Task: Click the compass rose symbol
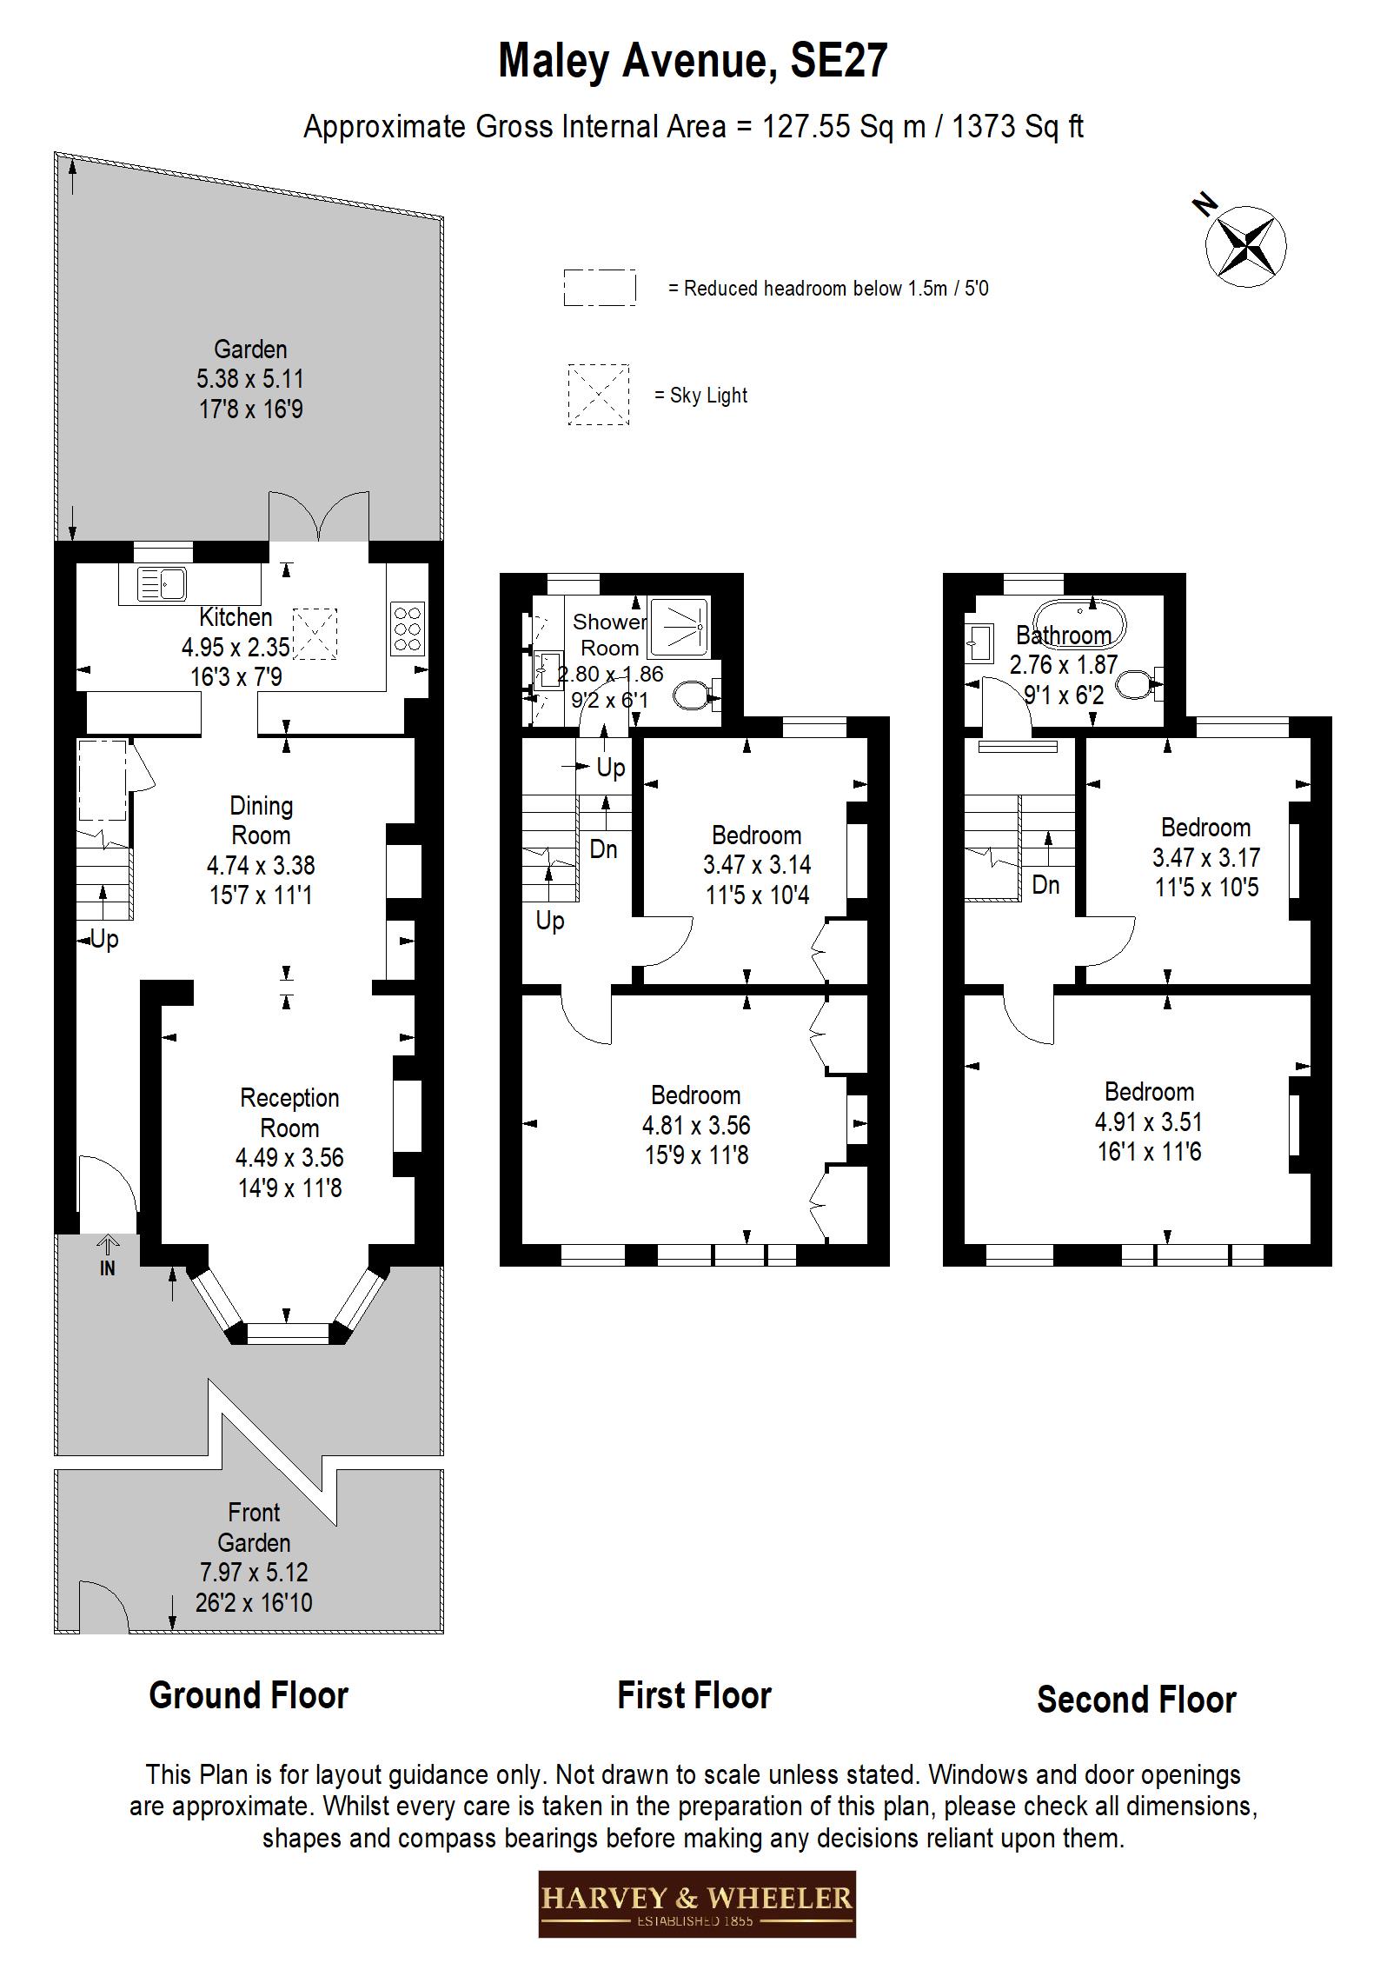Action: pos(1246,247)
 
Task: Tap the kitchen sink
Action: pos(163,583)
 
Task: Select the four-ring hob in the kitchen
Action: pos(408,628)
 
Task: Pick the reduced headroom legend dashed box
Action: pos(599,287)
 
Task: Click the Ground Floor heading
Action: pos(249,1696)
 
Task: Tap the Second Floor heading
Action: pos(1136,1700)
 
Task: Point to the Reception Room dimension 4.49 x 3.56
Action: pos(289,1158)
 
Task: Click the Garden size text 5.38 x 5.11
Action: pos(250,379)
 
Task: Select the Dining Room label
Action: pos(261,820)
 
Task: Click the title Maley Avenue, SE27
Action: pos(693,62)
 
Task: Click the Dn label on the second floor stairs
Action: pos(1045,885)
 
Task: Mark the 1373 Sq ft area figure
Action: pos(1018,127)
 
